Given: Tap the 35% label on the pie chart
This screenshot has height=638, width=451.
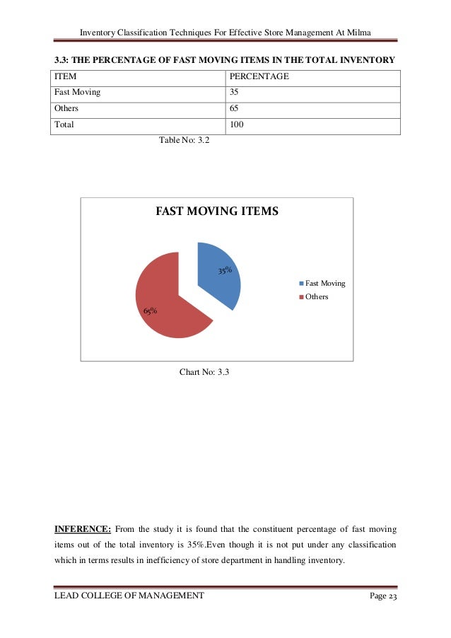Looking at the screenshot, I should (225, 269).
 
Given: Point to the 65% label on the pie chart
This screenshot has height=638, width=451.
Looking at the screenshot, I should (150, 311).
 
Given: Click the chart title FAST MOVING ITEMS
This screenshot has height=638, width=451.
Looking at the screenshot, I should (217, 211).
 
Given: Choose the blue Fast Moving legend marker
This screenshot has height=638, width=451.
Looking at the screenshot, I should (302, 284).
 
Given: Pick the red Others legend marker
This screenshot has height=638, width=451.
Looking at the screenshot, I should (302, 297).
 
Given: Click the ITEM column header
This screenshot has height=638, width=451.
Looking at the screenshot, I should (66, 76).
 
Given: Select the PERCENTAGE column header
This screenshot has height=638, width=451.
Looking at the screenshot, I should (259, 76).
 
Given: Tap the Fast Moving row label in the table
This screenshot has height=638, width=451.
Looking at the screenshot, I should (77, 92).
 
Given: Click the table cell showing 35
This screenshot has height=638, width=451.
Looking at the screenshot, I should (235, 92).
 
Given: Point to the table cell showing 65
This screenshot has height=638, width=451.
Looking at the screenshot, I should (235, 109).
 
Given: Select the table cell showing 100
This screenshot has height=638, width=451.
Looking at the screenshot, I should (237, 125).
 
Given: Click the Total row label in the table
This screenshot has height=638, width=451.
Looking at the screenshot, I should (64, 125).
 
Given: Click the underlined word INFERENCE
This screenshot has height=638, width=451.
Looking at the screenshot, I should (81, 527).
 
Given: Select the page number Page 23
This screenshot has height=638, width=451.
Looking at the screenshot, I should (383, 596).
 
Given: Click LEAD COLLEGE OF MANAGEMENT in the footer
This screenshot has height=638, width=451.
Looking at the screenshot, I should (129, 596).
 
